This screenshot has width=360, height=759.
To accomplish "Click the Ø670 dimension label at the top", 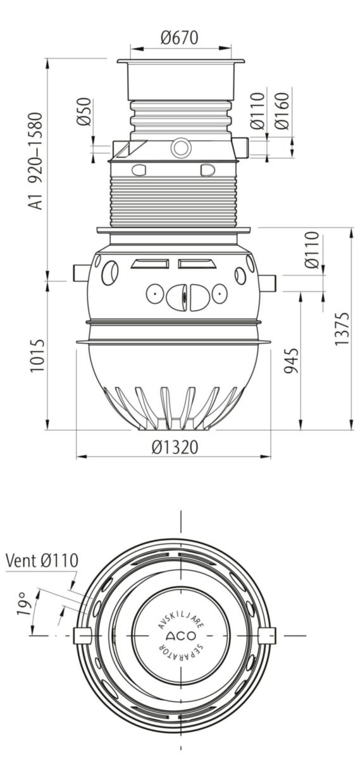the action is pyautogui.click(x=179, y=37).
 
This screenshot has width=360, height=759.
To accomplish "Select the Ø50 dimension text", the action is pyautogui.click(x=84, y=111).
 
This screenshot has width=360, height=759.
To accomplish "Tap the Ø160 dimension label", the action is pyautogui.click(x=282, y=111).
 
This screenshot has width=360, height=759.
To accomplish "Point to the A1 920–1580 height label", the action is pyautogui.click(x=36, y=161).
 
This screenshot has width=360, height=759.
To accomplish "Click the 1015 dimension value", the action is pyautogui.click(x=37, y=355).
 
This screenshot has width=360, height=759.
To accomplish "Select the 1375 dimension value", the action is pyautogui.click(x=342, y=329).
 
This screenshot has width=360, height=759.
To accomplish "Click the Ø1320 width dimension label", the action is pyautogui.click(x=174, y=447).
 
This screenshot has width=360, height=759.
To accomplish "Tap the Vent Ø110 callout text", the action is pyautogui.click(x=42, y=560).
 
